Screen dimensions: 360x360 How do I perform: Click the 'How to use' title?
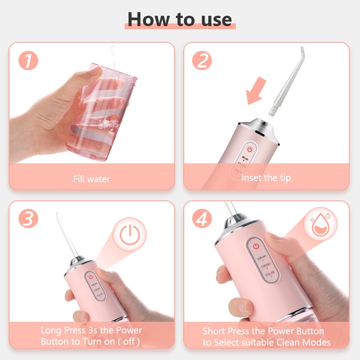click(180, 19)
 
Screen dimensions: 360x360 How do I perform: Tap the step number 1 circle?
click(28, 61)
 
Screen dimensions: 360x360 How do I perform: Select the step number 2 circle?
click(202, 61)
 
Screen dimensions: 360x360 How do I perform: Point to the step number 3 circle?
click(28, 220)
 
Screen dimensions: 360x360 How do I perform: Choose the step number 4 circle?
click(202, 220)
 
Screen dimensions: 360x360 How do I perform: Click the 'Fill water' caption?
click(91, 179)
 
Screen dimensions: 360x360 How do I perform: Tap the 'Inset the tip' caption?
click(266, 178)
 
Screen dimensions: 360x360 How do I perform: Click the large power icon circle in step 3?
click(129, 234)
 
